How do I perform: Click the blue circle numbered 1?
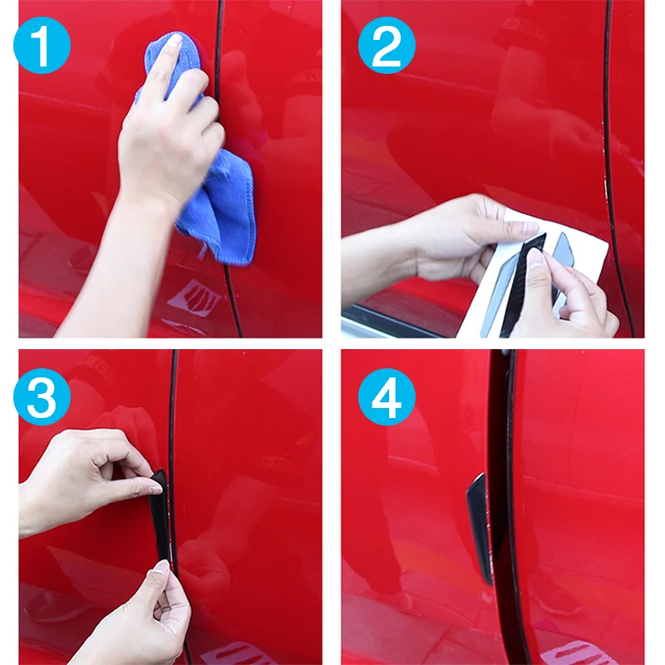(42, 45)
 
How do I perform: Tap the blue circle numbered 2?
(387, 45)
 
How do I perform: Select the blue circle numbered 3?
(42, 397)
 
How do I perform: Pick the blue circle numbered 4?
(387, 397)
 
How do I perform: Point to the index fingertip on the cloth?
(175, 41)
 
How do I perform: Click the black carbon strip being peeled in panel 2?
(522, 284)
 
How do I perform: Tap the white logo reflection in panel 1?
(196, 296)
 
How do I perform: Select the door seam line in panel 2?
(611, 170)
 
